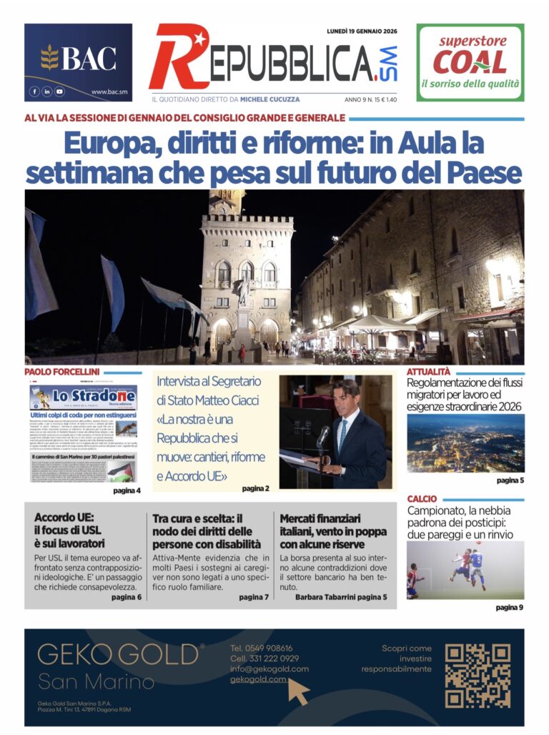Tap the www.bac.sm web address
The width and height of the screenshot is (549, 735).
[109, 92]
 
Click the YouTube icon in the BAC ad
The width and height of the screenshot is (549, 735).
[59, 92]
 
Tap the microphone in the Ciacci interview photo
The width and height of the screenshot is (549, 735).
[323, 435]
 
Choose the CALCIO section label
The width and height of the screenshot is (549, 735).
[422, 498]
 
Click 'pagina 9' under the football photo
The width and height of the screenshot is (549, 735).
[510, 608]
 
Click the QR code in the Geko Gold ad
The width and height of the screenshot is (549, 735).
[478, 676]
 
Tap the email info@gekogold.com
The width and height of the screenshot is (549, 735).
[269, 669]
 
